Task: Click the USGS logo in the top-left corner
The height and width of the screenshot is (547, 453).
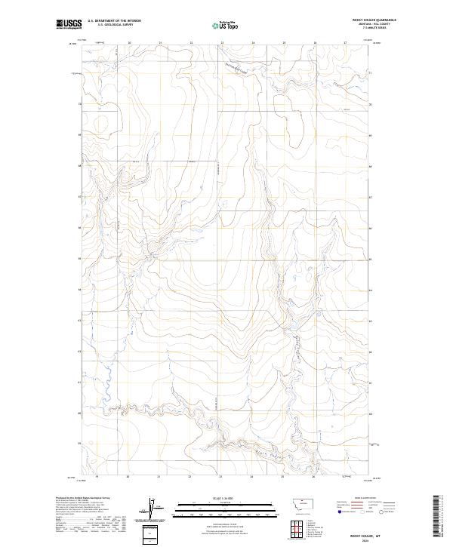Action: [69, 24]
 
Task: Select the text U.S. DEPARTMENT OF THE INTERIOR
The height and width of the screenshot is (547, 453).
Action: [114, 20]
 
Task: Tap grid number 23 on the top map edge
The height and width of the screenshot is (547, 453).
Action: [222, 43]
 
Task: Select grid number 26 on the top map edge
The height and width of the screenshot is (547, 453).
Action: [315, 43]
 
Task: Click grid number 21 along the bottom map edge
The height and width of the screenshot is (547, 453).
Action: [159, 478]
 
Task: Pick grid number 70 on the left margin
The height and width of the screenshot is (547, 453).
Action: [78, 103]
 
